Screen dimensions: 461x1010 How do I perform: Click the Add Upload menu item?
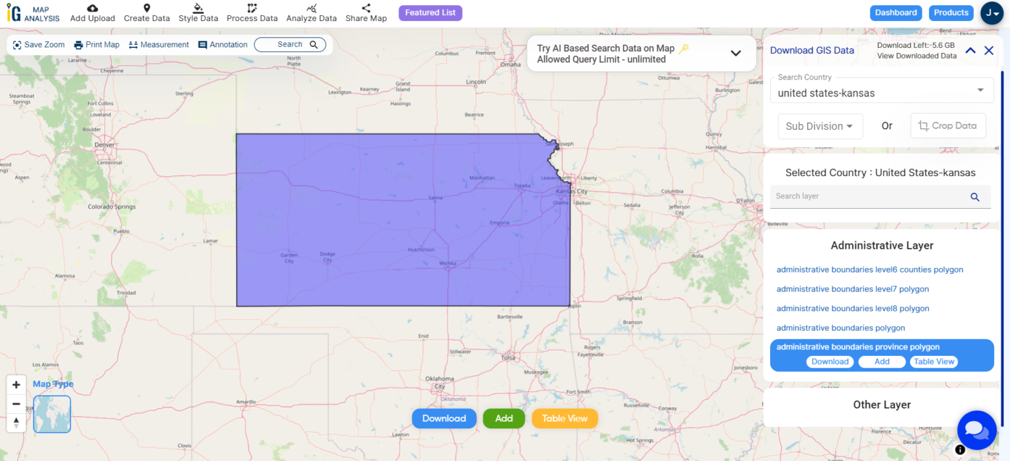point(93,13)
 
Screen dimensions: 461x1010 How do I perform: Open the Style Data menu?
point(198,13)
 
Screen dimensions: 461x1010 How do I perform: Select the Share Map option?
point(366,13)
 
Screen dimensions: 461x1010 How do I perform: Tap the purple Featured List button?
point(430,13)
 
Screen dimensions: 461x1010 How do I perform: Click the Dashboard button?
point(896,13)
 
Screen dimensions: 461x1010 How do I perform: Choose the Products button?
point(951,13)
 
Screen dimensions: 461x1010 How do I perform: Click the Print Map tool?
point(97,45)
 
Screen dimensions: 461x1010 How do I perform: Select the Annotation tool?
point(223,45)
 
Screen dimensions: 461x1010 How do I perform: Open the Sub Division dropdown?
point(820,126)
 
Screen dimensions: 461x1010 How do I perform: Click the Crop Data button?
point(948,126)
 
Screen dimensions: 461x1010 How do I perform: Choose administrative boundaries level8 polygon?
point(852,309)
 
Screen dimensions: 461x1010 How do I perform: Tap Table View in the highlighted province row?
point(934,362)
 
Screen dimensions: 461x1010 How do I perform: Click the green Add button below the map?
point(504,418)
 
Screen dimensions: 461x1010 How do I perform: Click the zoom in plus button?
point(16,385)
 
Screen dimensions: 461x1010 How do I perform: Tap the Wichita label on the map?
point(448,263)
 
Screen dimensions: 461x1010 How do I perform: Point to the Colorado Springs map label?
point(112,207)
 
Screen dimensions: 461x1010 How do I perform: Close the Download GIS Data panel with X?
point(988,51)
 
